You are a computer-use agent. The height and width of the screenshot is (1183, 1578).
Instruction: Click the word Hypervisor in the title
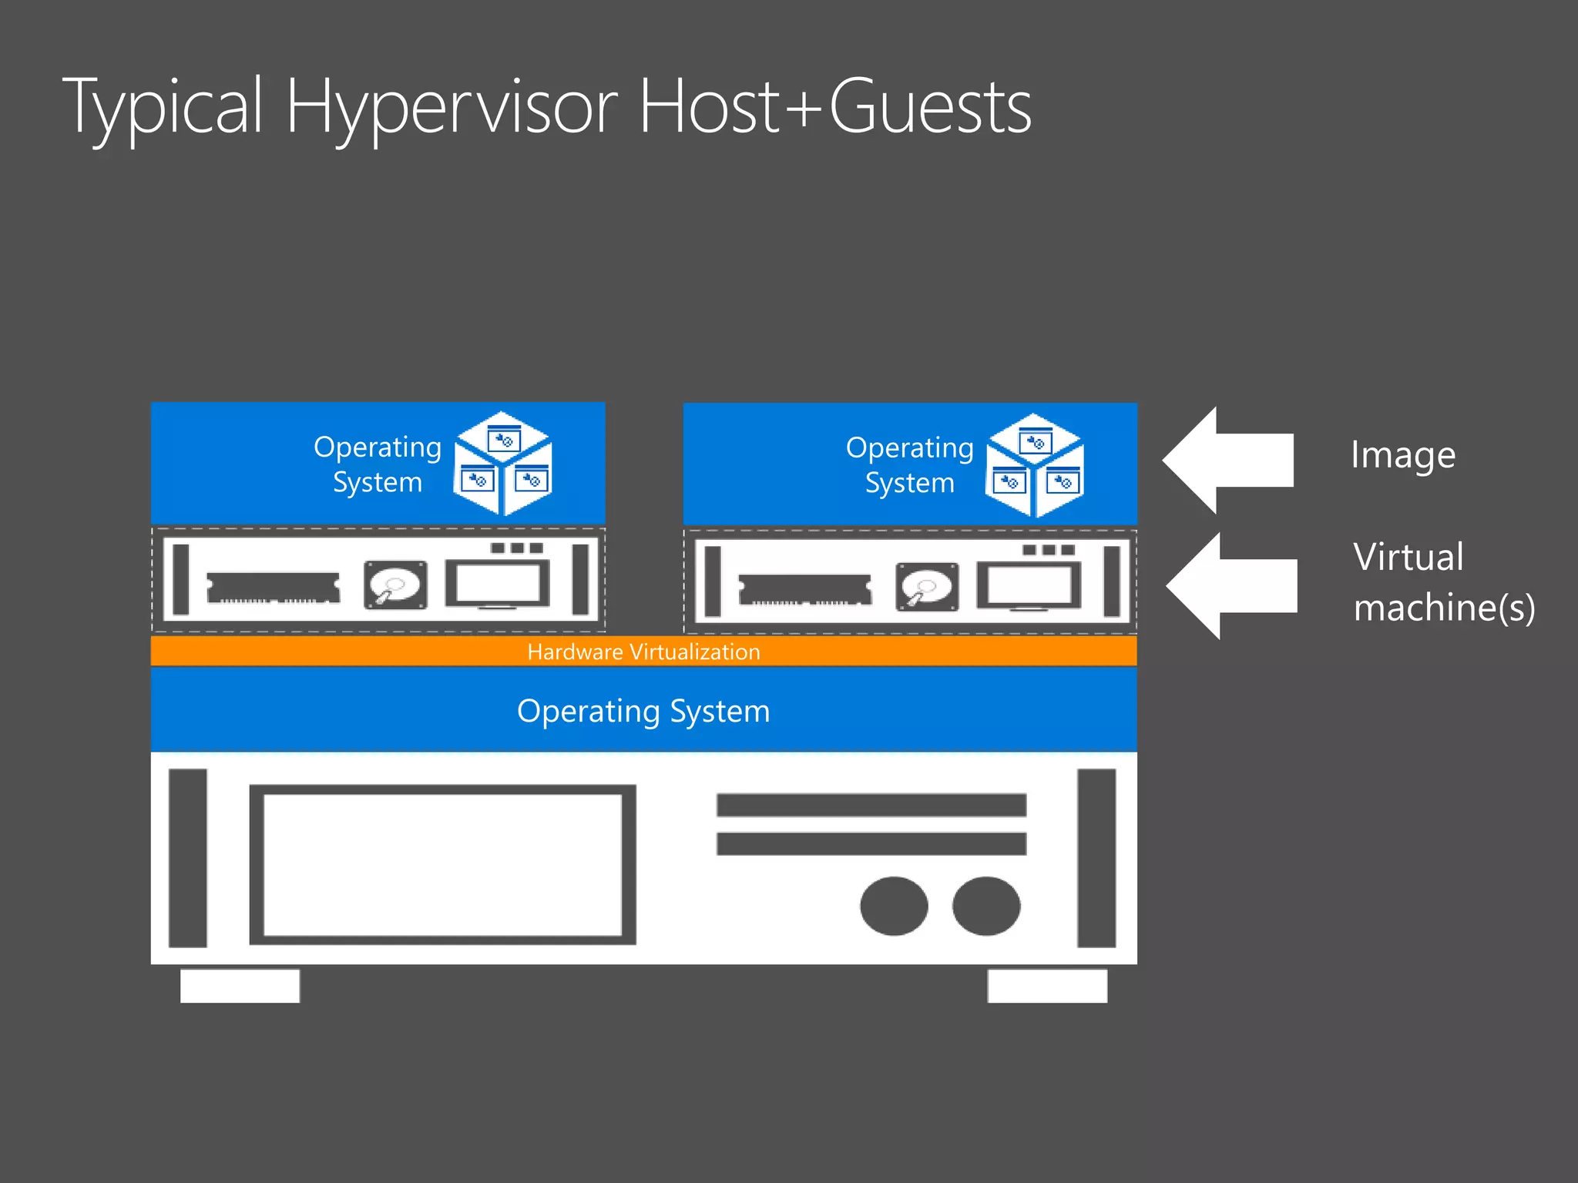[451, 108]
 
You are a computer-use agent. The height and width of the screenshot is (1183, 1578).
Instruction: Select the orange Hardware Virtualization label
[643, 652]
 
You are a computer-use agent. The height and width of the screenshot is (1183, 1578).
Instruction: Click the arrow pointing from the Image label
[1228, 461]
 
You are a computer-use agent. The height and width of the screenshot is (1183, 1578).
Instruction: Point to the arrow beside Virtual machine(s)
[1231, 586]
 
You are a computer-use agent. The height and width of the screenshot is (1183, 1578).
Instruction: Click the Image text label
[1403, 455]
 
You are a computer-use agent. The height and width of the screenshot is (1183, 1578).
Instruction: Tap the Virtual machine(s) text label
[1444, 582]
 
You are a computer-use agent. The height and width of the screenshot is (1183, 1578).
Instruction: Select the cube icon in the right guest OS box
[1035, 464]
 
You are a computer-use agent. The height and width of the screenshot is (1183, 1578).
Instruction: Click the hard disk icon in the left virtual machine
[395, 585]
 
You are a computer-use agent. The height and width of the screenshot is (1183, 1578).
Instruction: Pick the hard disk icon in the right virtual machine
[927, 587]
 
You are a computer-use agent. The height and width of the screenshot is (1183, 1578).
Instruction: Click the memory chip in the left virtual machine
[273, 588]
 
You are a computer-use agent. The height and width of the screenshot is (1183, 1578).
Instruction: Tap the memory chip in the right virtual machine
[805, 590]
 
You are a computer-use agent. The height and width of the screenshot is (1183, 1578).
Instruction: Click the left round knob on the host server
[894, 906]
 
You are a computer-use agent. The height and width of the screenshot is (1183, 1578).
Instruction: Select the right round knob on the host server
[986, 906]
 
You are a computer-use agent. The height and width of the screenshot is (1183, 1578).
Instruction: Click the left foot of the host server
[240, 986]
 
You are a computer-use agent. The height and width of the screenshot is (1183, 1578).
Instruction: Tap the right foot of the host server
[1047, 986]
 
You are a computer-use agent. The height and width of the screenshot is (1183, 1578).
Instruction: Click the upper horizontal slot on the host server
[871, 805]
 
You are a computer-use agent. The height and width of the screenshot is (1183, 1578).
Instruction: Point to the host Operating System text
[643, 711]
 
